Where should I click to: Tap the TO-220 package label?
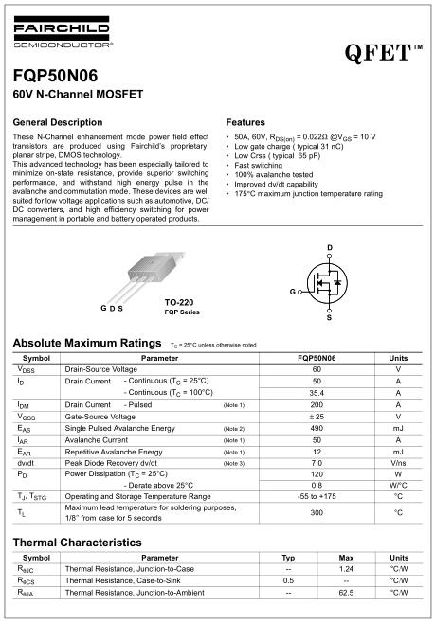click(x=179, y=302)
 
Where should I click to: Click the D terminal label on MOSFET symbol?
click(x=329, y=247)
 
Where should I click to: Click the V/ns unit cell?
click(x=398, y=463)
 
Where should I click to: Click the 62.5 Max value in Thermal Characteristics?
click(x=346, y=591)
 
